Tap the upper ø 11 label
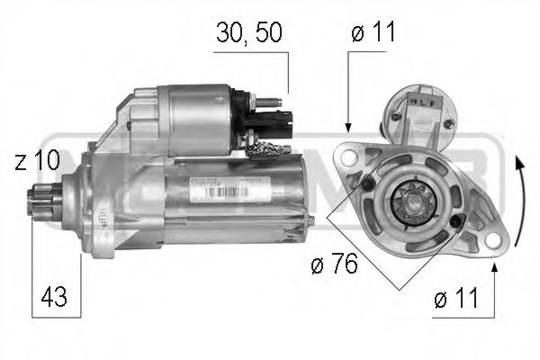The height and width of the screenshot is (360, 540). pyautogui.click(x=373, y=34)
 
